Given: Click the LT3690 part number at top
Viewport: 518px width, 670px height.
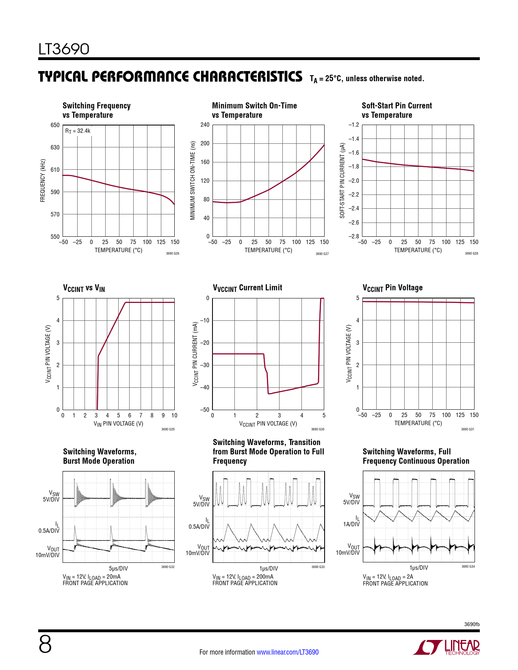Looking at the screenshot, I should pos(64,49).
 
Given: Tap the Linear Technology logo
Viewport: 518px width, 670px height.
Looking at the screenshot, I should pos(446,647).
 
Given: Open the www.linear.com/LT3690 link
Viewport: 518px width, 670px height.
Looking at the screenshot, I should pos(288,652).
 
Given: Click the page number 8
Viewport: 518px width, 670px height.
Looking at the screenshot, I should pos(45,644).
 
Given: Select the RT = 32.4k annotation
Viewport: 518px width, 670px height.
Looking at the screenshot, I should pos(78,131).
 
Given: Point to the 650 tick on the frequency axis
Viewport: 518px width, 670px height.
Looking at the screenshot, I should pos(55,125).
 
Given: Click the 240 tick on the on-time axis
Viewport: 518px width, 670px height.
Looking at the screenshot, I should pos(205,125).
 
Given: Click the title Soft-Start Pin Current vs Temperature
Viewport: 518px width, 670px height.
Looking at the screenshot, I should pos(397,110).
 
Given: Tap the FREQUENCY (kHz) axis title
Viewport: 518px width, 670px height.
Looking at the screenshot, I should pos(43,180).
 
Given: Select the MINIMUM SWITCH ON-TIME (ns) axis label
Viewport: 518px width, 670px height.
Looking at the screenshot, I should pos(193,180).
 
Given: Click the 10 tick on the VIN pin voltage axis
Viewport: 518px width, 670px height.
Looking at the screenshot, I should pos(174,415).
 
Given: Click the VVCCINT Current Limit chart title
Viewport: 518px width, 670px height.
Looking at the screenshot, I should pos(247,288).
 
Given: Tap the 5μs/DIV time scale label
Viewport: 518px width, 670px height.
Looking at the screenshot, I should pos(119,568).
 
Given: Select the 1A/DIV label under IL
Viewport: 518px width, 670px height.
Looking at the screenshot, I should pos(351,524).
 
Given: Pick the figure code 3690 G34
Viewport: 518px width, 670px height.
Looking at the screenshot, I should pos(468,566).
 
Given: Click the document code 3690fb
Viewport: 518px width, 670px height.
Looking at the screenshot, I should pos(472,624).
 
